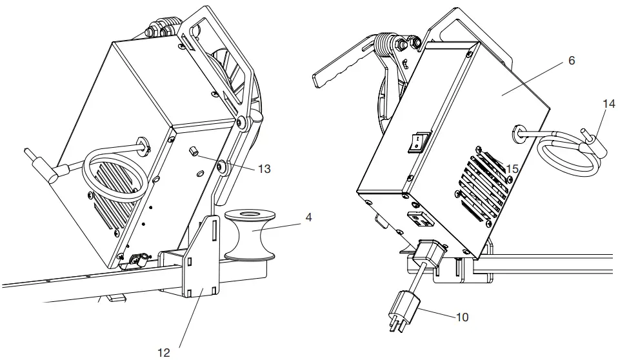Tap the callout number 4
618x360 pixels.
click(308, 217)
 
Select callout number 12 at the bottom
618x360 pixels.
click(164, 352)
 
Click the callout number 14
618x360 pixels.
click(609, 103)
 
